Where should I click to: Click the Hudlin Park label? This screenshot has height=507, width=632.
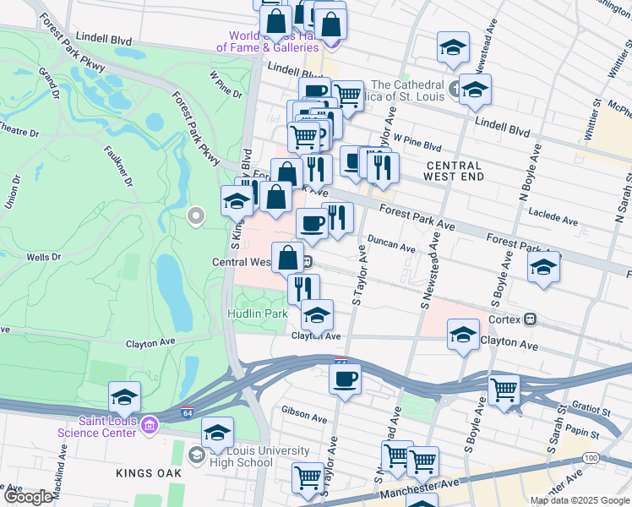(x=257, y=313)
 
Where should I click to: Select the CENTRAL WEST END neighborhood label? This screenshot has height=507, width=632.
(x=455, y=172)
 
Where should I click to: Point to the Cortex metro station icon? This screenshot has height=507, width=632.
(x=531, y=319)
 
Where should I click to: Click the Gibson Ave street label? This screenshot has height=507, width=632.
(x=307, y=417)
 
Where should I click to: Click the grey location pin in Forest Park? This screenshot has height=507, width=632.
(x=196, y=217)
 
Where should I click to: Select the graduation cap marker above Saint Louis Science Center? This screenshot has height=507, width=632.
(x=124, y=396)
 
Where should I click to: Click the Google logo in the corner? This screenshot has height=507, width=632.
(x=27, y=497)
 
